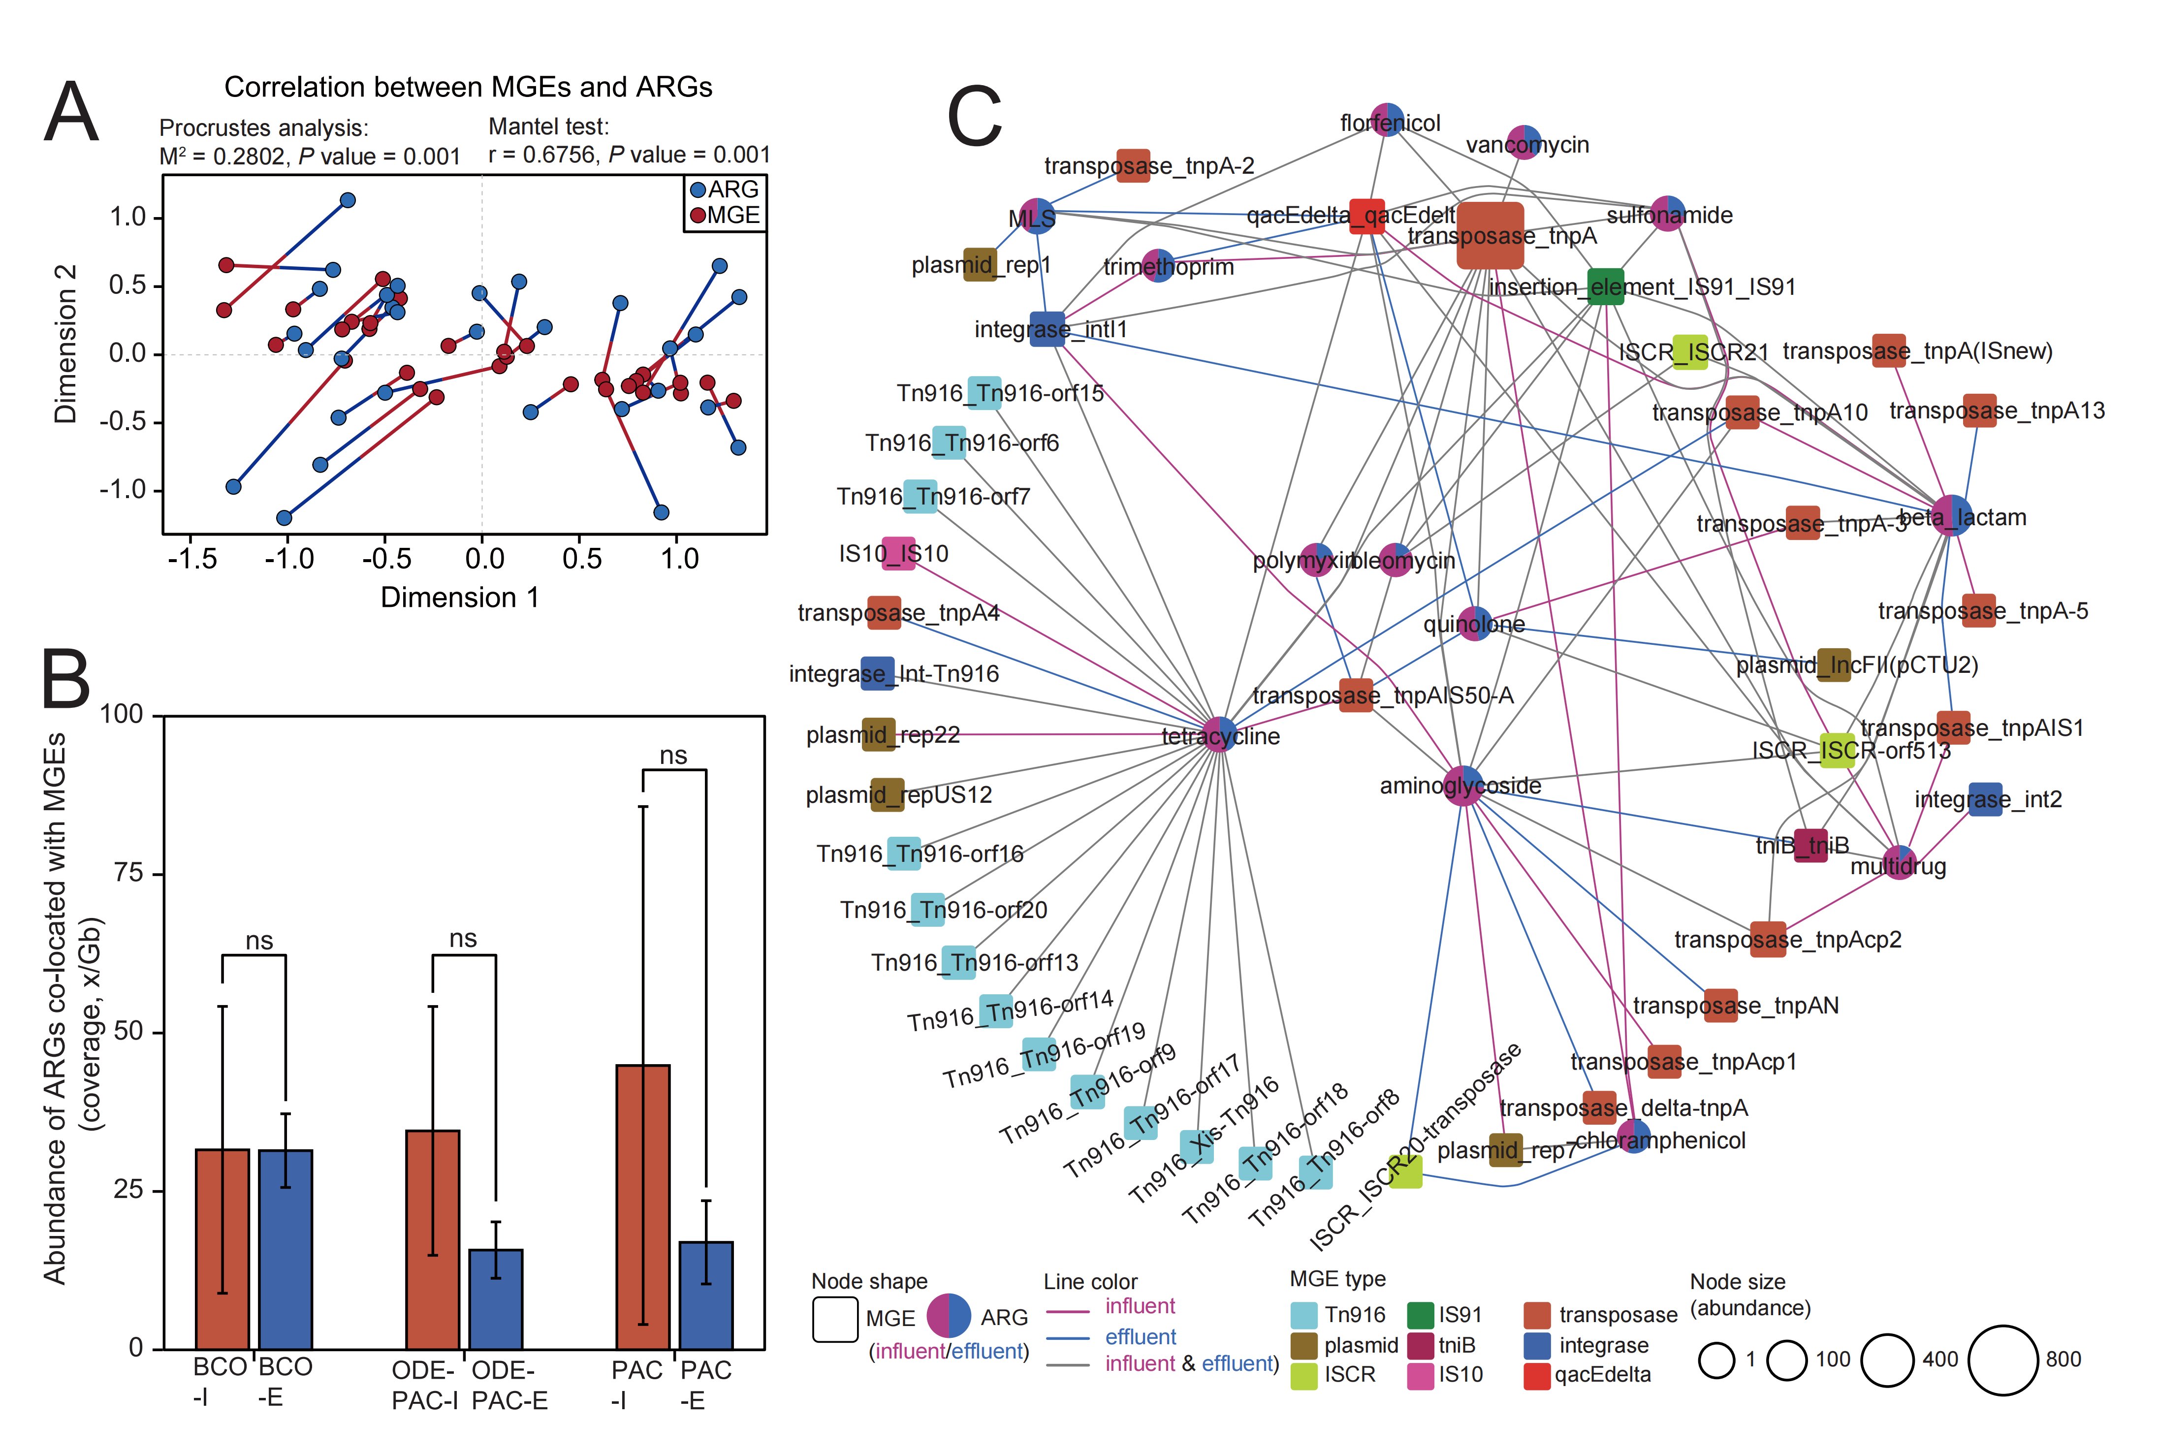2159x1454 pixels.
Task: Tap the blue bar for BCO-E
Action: pos(286,1249)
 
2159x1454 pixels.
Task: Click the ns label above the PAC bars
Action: pos(673,756)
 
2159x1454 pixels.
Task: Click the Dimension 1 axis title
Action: pos(459,597)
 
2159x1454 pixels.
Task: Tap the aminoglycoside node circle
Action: pos(1462,786)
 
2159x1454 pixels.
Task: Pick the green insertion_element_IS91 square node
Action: pos(1605,286)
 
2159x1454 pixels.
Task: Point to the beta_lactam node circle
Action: pos(1951,515)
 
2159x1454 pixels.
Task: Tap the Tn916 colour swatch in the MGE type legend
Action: pos(1304,1315)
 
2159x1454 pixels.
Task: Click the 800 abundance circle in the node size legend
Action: pos(2002,1359)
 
